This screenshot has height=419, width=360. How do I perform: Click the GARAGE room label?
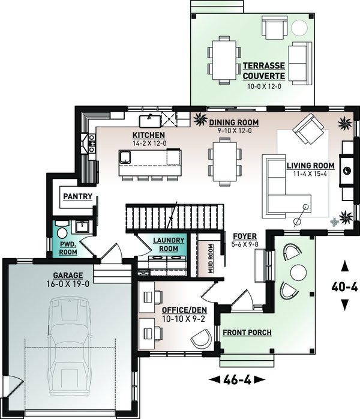pyautogui.click(x=68, y=276)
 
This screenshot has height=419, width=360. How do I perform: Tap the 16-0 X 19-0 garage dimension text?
pyautogui.click(x=68, y=284)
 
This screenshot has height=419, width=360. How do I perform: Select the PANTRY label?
pyautogui.click(x=78, y=197)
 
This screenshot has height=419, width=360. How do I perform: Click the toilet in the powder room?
pyautogui.click(x=62, y=231)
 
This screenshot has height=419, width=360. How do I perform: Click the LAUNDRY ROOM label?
pyautogui.click(x=169, y=244)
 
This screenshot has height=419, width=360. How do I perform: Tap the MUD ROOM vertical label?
pyautogui.click(x=211, y=258)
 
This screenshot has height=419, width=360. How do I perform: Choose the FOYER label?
pyautogui.click(x=245, y=237)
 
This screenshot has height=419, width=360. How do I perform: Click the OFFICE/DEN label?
pyautogui.click(x=184, y=310)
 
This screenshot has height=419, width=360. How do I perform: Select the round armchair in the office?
pyautogui.click(x=202, y=339)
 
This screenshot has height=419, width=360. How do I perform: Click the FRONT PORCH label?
pyautogui.click(x=247, y=333)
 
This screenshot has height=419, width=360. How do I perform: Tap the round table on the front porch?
pyautogui.click(x=298, y=273)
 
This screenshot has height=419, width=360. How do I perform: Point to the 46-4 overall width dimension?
pyautogui.click(x=237, y=379)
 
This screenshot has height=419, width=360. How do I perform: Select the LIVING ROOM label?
pyautogui.click(x=311, y=166)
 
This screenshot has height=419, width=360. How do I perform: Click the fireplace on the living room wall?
pyautogui.click(x=347, y=170)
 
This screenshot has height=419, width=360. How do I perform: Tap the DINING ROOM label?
pyautogui.click(x=233, y=122)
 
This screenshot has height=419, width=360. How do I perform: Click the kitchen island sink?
pyautogui.click(x=125, y=157)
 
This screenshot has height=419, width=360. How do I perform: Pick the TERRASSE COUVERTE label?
pyautogui.click(x=264, y=71)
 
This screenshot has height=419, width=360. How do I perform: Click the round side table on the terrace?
pyautogui.click(x=299, y=28)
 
